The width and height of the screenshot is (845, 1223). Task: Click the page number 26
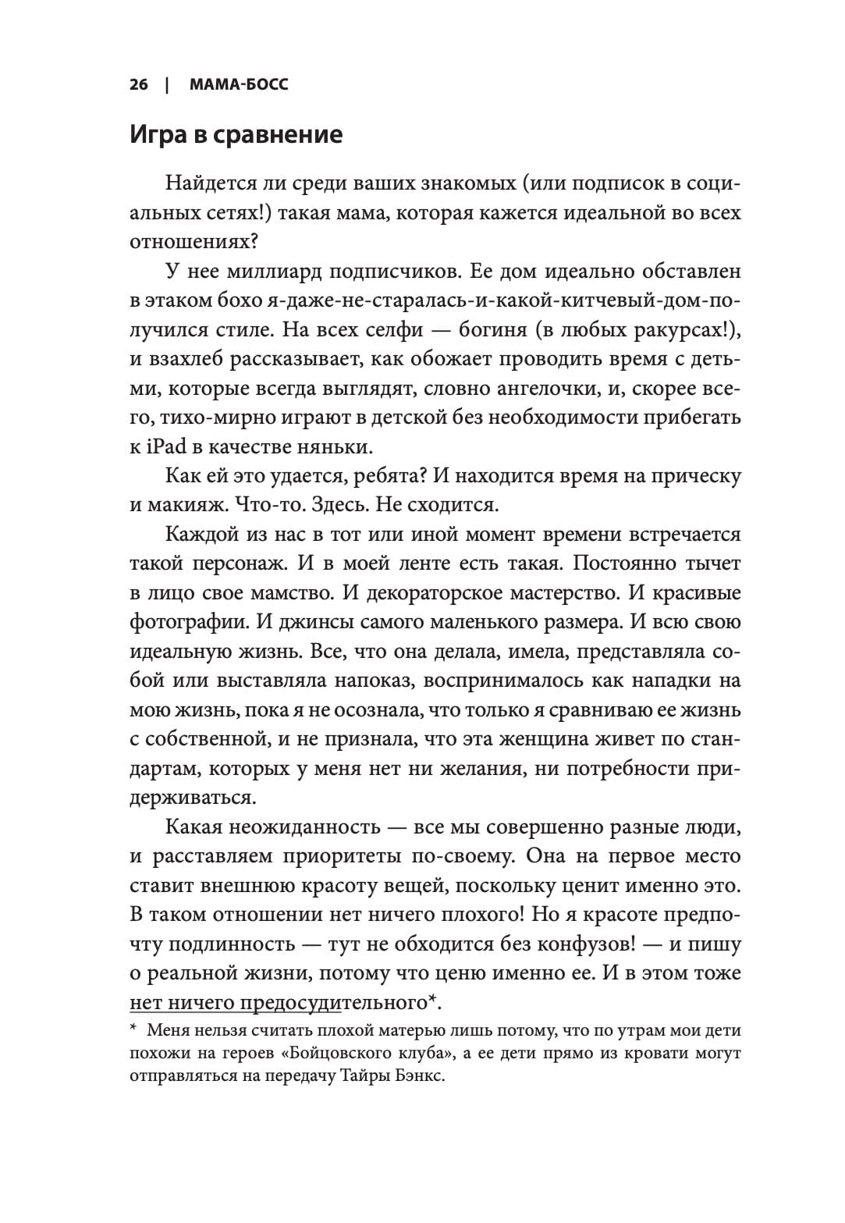139,84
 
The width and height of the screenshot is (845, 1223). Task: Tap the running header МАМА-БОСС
239,84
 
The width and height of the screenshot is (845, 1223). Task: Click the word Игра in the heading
161,135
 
